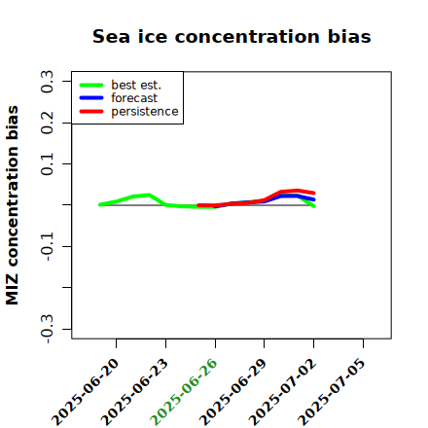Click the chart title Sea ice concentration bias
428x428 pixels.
(x=232, y=36)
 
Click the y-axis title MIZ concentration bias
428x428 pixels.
(x=13, y=205)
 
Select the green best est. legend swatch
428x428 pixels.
(x=91, y=86)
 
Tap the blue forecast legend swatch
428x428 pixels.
(x=91, y=98)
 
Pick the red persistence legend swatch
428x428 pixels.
(x=91, y=111)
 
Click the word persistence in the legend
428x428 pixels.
(x=145, y=112)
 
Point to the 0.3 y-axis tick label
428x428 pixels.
(x=47, y=82)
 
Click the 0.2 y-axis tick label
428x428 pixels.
(x=47, y=123)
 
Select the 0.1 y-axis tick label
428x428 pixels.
(x=47, y=164)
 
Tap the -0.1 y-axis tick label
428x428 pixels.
(x=47, y=246)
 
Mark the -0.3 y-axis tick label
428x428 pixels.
(x=47, y=329)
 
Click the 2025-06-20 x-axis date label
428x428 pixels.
(x=85, y=392)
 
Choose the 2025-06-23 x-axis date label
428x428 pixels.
(x=134, y=392)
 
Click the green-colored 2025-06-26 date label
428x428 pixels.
(x=184, y=392)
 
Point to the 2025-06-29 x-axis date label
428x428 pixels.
(x=233, y=392)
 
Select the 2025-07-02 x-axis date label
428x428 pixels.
(x=282, y=392)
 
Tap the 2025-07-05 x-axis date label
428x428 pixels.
(x=332, y=392)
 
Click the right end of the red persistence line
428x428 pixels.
(x=314, y=193)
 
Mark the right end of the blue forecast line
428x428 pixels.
(x=314, y=199)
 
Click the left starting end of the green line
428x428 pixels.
(x=100, y=204)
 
